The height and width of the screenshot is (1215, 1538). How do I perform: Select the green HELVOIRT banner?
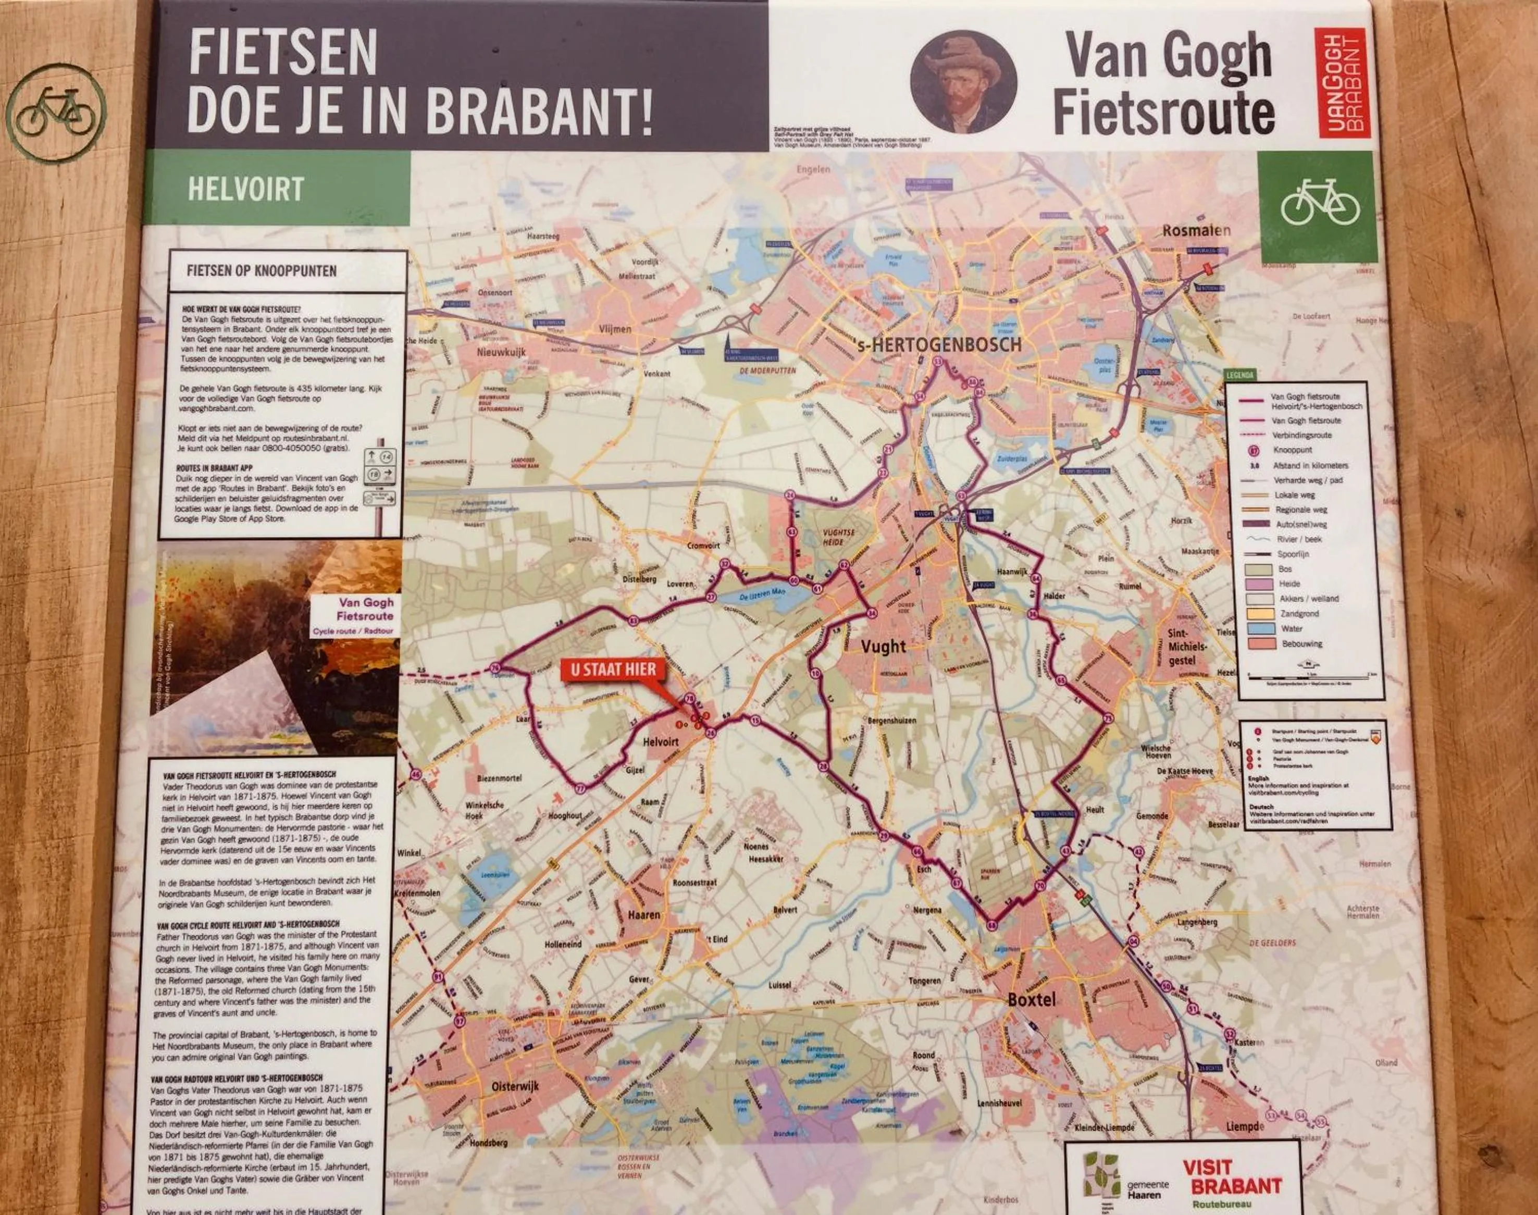[278, 189]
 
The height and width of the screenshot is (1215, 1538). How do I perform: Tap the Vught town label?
[884, 647]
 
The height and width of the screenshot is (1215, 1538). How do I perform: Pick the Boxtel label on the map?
[1032, 999]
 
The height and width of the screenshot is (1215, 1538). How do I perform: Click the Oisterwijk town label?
[516, 1087]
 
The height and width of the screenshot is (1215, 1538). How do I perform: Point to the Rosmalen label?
[1196, 230]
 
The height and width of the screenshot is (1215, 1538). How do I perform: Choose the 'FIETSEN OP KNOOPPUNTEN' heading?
[261, 271]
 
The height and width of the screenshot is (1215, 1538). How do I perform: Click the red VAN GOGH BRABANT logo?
[1340, 83]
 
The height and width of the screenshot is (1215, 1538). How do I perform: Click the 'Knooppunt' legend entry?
[1293, 450]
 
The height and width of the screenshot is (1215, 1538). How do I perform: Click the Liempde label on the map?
[1245, 1127]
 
